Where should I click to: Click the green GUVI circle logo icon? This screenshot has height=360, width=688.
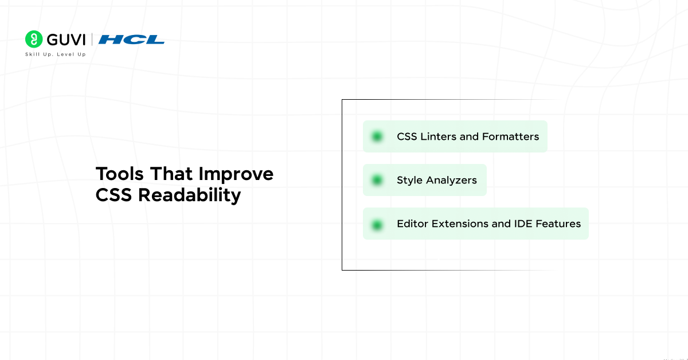click(34, 39)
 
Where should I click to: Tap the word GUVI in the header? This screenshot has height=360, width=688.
click(66, 40)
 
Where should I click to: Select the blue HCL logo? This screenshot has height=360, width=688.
click(131, 40)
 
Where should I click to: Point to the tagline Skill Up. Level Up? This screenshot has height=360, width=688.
click(55, 54)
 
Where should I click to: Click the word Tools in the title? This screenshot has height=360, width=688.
click(119, 174)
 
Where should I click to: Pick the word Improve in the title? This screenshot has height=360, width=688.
click(236, 174)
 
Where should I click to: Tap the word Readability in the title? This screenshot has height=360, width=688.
click(190, 195)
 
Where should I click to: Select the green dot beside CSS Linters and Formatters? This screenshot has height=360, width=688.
click(377, 136)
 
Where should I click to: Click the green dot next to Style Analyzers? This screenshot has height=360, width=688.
click(377, 180)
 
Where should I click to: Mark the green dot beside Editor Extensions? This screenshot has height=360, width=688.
click(377, 225)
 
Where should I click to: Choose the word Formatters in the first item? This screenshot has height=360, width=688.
click(510, 136)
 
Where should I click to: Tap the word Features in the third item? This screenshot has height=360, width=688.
click(558, 224)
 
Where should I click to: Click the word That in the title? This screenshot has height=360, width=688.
click(171, 174)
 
